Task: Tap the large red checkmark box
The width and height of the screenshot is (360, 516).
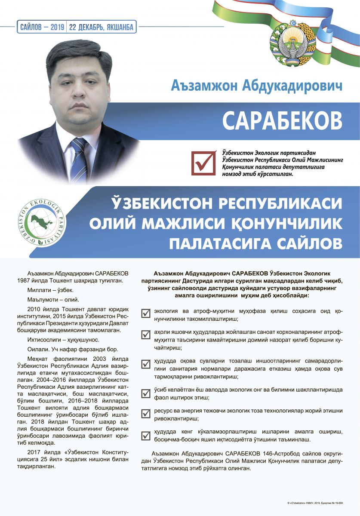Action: pyautogui.click(x=203, y=163)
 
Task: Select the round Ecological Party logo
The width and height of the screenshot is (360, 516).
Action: pyautogui.click(x=43, y=222)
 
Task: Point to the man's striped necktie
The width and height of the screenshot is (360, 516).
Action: pyautogui.click(x=79, y=160)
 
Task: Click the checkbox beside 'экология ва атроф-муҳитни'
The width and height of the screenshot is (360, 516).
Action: pyautogui.click(x=146, y=313)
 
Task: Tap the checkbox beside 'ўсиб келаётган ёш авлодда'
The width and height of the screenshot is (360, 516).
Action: pyautogui.click(x=146, y=392)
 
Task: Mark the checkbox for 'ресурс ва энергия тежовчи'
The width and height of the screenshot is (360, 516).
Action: pyautogui.click(x=146, y=414)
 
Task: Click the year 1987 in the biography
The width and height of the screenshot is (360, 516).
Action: pyautogui.click(x=27, y=281)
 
